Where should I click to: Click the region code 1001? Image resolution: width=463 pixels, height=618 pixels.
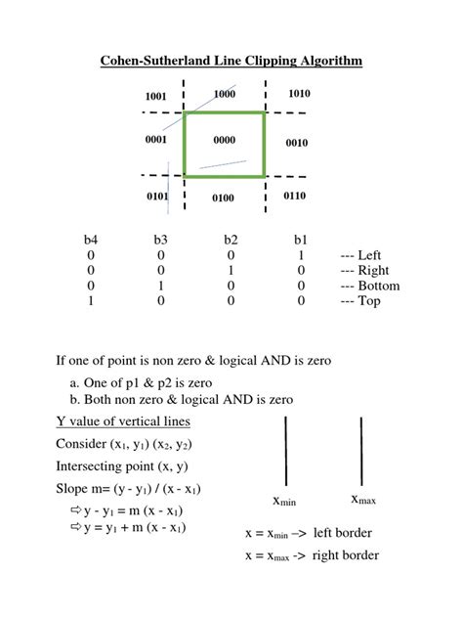156,97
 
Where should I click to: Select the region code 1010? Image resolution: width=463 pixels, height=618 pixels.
300,94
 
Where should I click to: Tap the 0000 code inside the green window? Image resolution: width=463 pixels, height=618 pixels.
225,140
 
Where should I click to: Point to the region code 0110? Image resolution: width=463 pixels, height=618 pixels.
295,196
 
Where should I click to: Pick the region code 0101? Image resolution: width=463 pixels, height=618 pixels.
158,197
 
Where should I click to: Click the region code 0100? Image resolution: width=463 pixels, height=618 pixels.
223,199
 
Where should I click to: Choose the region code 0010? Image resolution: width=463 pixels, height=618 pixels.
297,143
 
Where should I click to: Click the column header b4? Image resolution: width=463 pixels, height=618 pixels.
91,239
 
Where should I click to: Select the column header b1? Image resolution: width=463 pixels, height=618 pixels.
301,239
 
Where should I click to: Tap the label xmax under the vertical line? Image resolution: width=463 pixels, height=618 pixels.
363,500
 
